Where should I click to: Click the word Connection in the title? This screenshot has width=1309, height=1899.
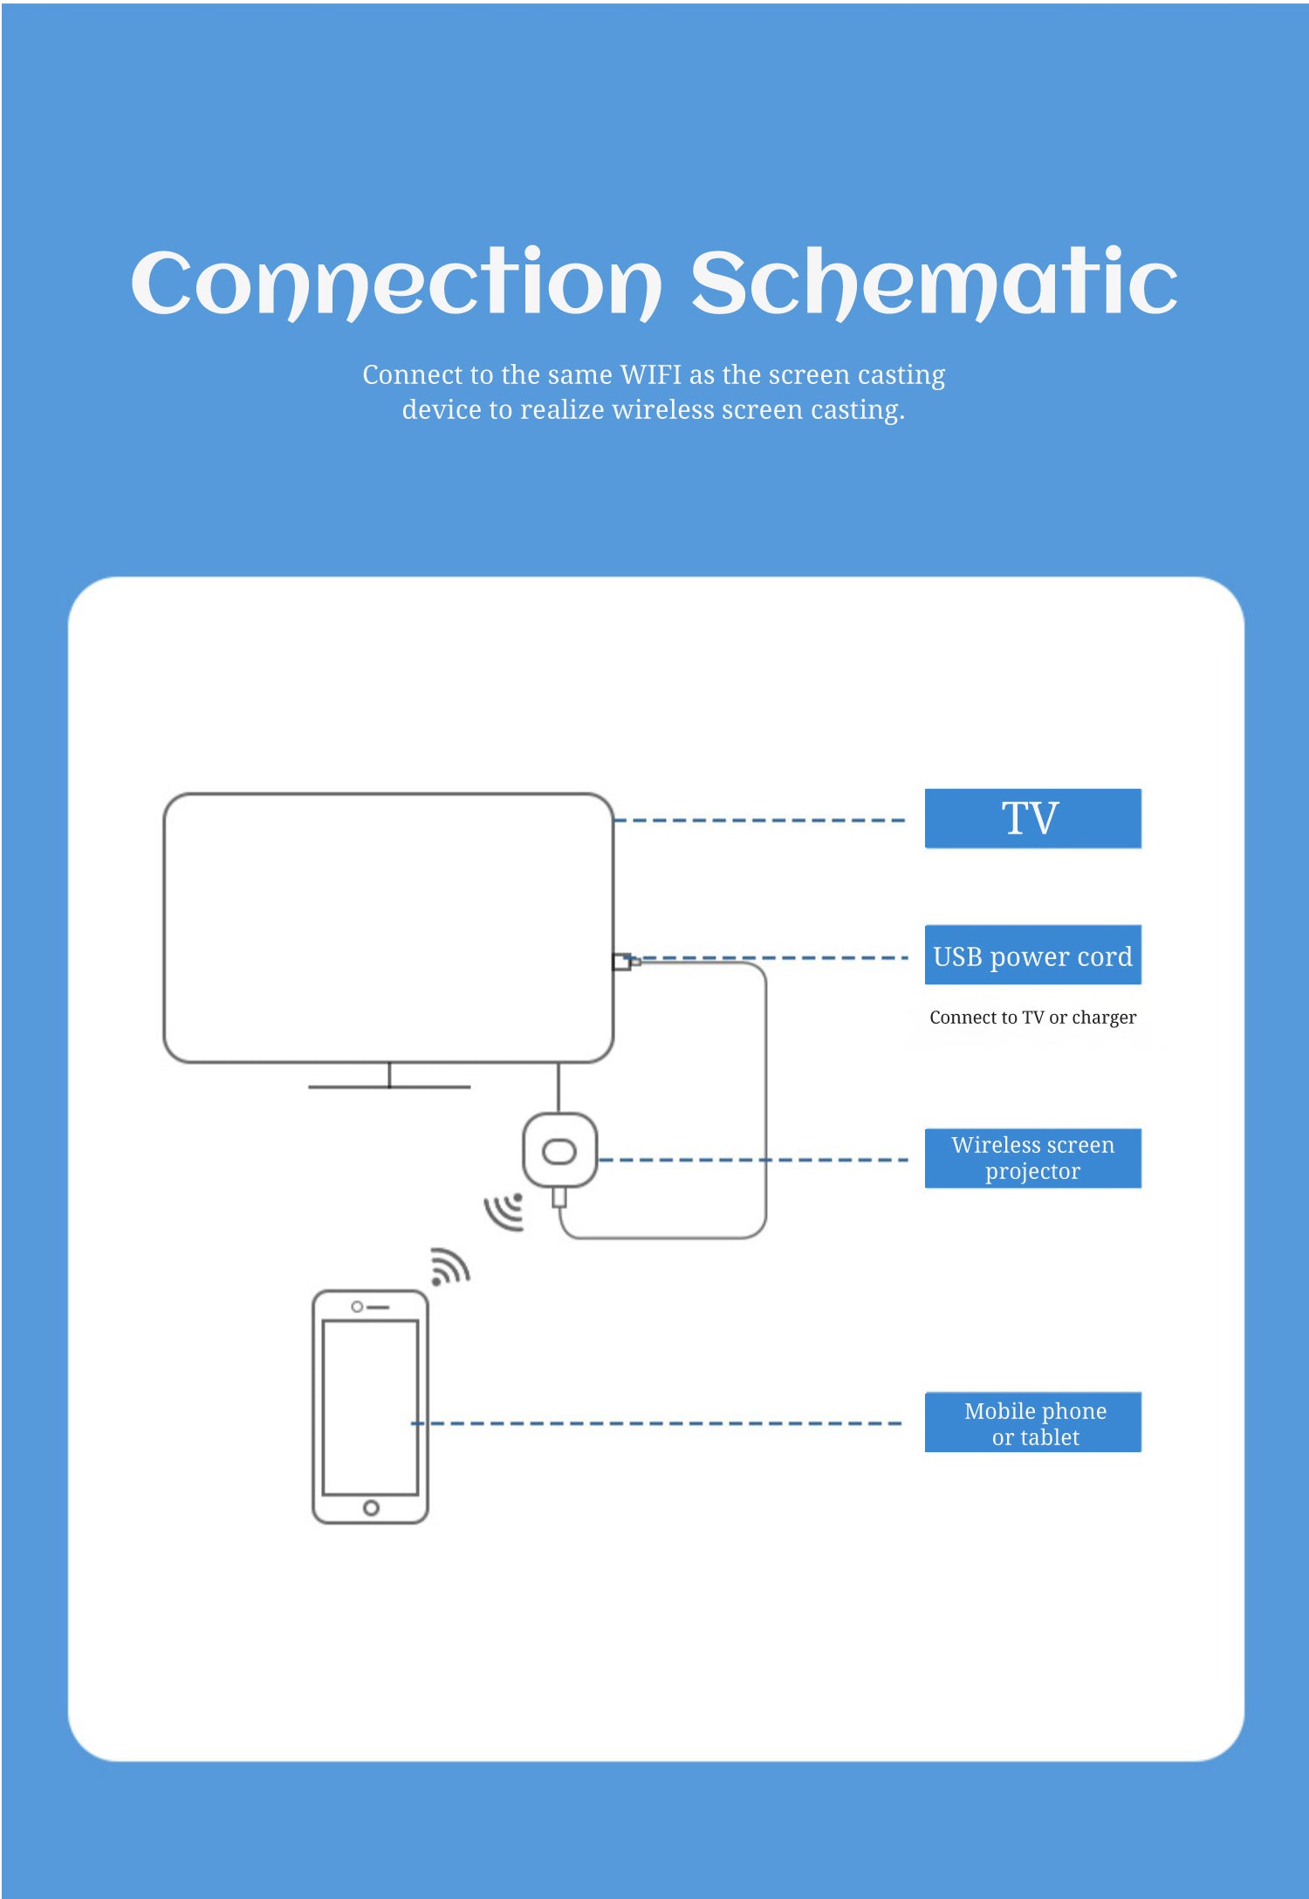point(395,284)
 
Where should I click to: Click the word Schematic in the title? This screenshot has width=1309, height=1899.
point(934,284)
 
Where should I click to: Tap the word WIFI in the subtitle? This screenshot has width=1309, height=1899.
point(650,374)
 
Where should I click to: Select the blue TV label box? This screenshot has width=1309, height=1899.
point(1032,819)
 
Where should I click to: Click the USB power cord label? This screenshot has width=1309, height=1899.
point(1032,956)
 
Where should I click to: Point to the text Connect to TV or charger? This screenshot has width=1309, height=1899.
point(1032,1018)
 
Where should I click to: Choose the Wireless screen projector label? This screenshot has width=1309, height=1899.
point(1032,1158)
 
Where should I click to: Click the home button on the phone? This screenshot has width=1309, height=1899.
point(371,1508)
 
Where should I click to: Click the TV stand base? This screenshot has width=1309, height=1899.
point(389,1087)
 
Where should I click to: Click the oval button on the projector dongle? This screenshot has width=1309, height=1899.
point(559,1153)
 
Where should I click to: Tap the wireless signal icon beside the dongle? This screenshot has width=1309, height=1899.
point(505,1210)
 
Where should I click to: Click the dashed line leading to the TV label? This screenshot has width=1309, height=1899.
point(759,820)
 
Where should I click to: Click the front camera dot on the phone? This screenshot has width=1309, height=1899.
point(357,1306)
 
